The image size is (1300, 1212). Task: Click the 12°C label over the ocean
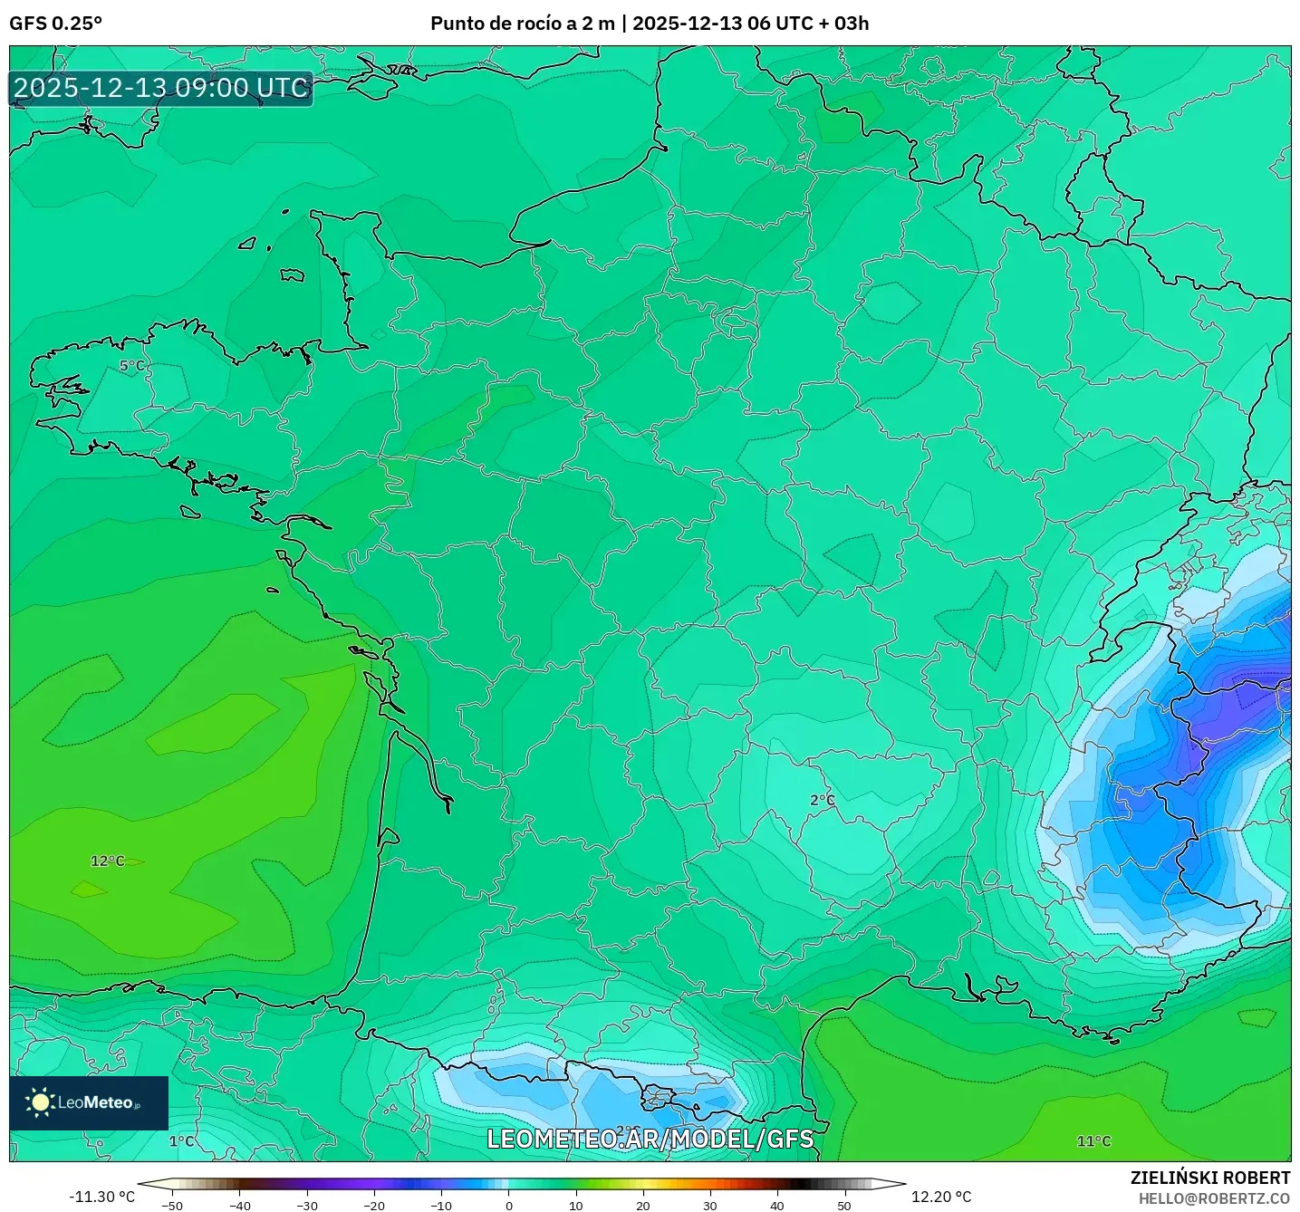(107, 861)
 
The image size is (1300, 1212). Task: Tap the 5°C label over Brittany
(132, 366)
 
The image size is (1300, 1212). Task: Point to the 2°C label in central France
(822, 800)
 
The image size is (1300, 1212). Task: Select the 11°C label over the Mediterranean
(1093, 1141)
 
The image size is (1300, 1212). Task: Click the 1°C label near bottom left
(181, 1141)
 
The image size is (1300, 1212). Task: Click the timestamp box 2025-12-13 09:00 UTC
(161, 88)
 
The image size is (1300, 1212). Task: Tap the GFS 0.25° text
(55, 23)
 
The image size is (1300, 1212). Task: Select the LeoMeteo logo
(89, 1102)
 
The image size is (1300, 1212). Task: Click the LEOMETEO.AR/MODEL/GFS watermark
(650, 1139)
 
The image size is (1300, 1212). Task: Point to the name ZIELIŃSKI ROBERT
(1209, 1178)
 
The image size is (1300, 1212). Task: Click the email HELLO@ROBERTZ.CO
(1213, 1198)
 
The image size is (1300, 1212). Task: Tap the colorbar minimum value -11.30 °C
(101, 1197)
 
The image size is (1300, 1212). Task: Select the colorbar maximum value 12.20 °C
(941, 1197)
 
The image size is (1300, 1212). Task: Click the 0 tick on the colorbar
(508, 1205)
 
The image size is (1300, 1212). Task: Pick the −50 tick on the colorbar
(171, 1205)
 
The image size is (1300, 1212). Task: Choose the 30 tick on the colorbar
(709, 1205)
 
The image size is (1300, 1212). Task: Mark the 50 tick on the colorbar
(843, 1205)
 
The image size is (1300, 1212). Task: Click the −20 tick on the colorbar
(373, 1205)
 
